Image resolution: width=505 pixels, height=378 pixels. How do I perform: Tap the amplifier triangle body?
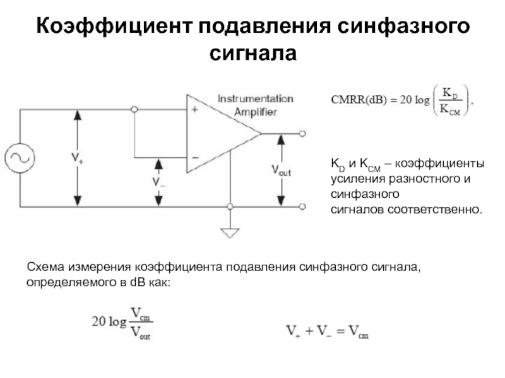pos(218,134)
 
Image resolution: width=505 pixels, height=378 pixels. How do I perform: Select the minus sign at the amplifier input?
pos(195,157)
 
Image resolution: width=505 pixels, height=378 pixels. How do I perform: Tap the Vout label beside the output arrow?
pos(281,169)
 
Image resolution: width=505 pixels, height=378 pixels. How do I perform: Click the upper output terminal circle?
pos(303,134)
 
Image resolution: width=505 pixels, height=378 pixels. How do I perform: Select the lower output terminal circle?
pos(303,206)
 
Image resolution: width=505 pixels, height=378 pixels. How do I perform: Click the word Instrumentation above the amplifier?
pos(255,98)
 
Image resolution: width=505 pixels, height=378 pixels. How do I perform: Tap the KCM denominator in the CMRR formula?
pos(450,110)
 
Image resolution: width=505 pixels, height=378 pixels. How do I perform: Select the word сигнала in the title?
pos(252,53)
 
